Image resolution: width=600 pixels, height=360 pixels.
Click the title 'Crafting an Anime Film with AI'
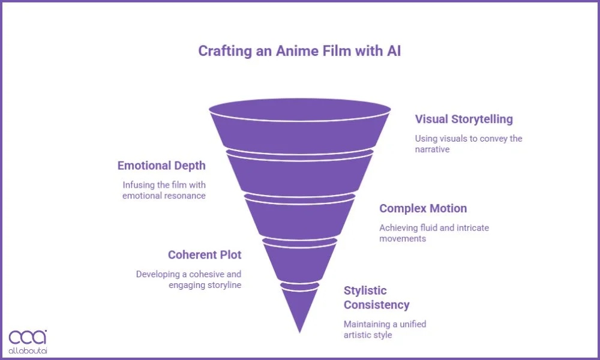point(299,51)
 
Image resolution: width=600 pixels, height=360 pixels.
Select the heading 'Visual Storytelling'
point(464,119)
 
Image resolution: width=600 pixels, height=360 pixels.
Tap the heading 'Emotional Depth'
point(161,166)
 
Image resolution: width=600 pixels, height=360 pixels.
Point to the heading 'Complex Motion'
point(423,209)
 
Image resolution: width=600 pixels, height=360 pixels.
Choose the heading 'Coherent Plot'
point(205,254)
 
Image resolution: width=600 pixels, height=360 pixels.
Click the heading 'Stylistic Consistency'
point(376,298)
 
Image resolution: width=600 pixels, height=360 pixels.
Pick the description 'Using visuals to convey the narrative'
point(468,143)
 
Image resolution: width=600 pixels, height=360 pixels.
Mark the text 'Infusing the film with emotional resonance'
point(164,190)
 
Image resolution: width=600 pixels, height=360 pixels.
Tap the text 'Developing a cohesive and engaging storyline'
point(188,279)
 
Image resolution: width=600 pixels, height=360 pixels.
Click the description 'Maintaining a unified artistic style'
point(385,329)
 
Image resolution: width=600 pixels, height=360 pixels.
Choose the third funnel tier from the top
point(299,217)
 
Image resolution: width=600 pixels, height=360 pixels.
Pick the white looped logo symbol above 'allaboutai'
point(28,336)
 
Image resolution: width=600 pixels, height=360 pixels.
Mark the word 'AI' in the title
point(392,51)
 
